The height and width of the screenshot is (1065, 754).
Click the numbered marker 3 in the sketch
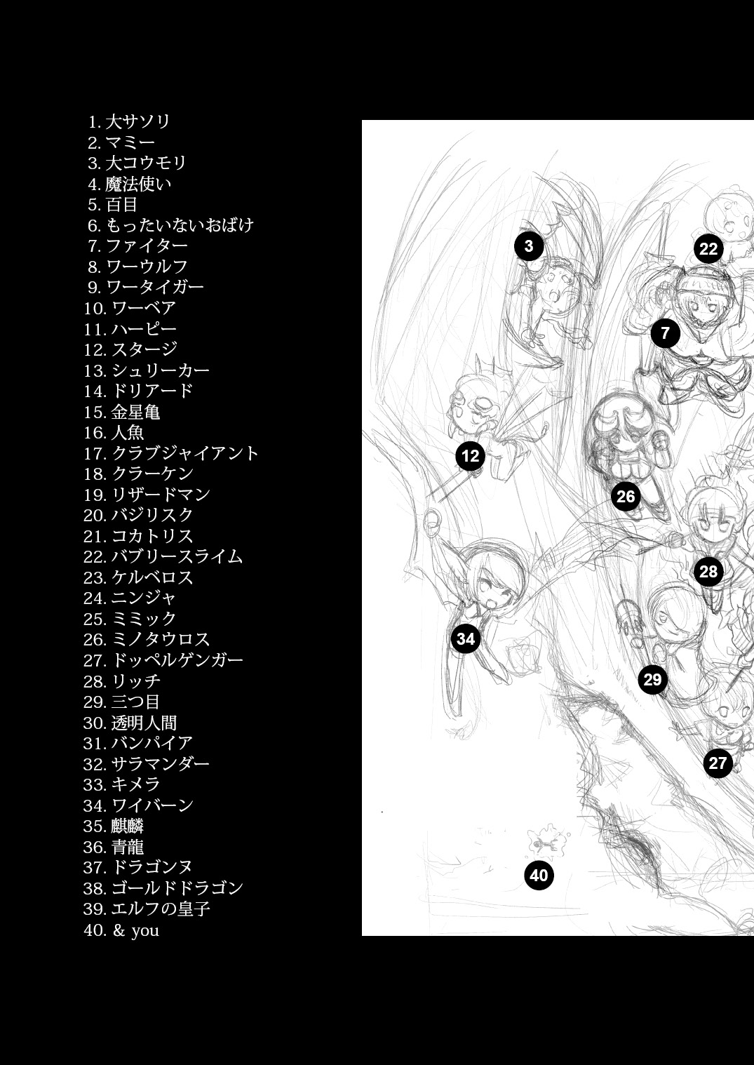(x=528, y=246)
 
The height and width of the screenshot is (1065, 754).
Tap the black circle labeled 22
(x=708, y=249)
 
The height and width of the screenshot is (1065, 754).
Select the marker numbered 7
(x=665, y=333)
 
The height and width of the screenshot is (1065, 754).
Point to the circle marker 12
(x=470, y=456)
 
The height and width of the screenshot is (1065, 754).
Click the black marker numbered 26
(x=625, y=497)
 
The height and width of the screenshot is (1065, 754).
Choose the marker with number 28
(x=708, y=572)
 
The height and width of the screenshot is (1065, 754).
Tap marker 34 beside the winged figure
(x=466, y=638)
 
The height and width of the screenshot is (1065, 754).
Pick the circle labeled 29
(x=652, y=679)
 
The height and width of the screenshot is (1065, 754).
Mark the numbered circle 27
(x=718, y=763)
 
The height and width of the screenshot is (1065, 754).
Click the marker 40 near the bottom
(x=539, y=876)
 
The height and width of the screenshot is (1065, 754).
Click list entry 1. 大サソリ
(x=130, y=121)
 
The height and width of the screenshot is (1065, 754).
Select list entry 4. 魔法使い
(x=130, y=184)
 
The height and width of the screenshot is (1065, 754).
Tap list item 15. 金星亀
(x=122, y=412)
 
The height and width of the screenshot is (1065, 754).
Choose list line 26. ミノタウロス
(x=147, y=639)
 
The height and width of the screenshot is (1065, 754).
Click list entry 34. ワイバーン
(x=138, y=805)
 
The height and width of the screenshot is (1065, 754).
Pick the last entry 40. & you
(x=121, y=930)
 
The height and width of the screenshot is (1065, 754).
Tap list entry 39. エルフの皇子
(x=147, y=909)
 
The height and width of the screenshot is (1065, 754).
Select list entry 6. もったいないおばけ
(x=170, y=225)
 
